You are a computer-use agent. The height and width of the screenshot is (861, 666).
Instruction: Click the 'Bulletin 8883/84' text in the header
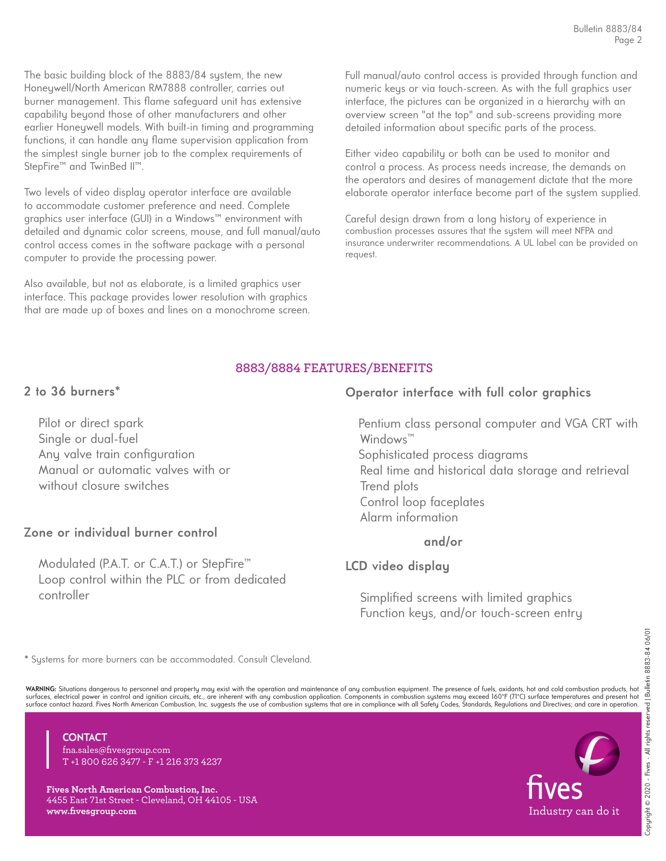607,29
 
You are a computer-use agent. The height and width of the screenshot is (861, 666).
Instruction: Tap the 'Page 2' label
628,40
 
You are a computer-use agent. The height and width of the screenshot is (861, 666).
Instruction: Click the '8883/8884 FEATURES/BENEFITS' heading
334,368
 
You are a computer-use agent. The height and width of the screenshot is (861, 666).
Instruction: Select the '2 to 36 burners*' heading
72,392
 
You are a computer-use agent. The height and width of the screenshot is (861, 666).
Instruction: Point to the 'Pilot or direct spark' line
91,423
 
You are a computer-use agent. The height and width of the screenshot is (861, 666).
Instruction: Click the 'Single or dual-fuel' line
88,439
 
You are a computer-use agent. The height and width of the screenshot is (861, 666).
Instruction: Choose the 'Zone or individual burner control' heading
121,533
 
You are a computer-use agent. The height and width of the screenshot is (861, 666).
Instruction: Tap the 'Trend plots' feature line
389,486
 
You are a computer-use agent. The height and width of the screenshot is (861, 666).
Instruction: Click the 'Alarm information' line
409,518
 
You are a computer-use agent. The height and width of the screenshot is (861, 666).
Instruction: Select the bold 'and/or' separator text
443,542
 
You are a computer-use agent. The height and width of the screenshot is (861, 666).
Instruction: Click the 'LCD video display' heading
397,566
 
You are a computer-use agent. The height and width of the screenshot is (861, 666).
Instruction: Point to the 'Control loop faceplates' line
422,502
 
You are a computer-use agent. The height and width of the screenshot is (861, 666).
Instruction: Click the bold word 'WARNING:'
41,689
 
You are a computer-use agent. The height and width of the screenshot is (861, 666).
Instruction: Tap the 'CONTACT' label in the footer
85,738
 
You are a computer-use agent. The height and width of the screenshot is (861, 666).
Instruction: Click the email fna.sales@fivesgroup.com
116,750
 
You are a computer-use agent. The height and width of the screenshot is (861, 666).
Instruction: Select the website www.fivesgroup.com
91,811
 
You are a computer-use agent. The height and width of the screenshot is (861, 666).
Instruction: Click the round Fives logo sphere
597,754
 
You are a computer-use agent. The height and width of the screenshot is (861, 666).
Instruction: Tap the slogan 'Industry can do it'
574,811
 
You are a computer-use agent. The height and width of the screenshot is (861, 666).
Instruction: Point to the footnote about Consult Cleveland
168,660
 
